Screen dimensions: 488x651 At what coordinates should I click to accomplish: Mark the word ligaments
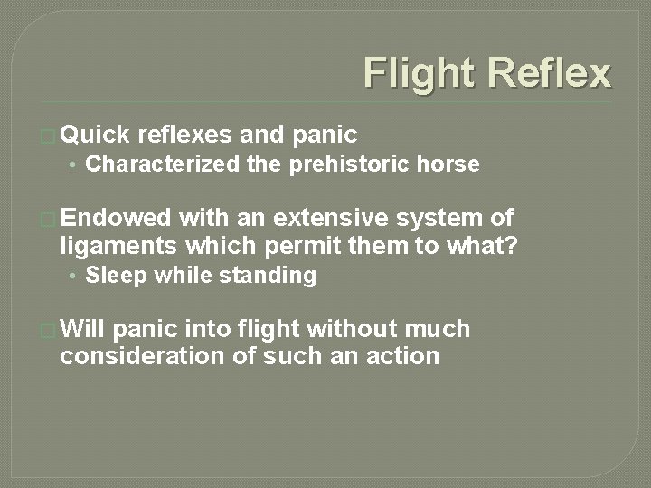tap(117, 245)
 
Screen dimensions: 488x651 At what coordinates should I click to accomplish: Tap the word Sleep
tap(116, 276)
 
